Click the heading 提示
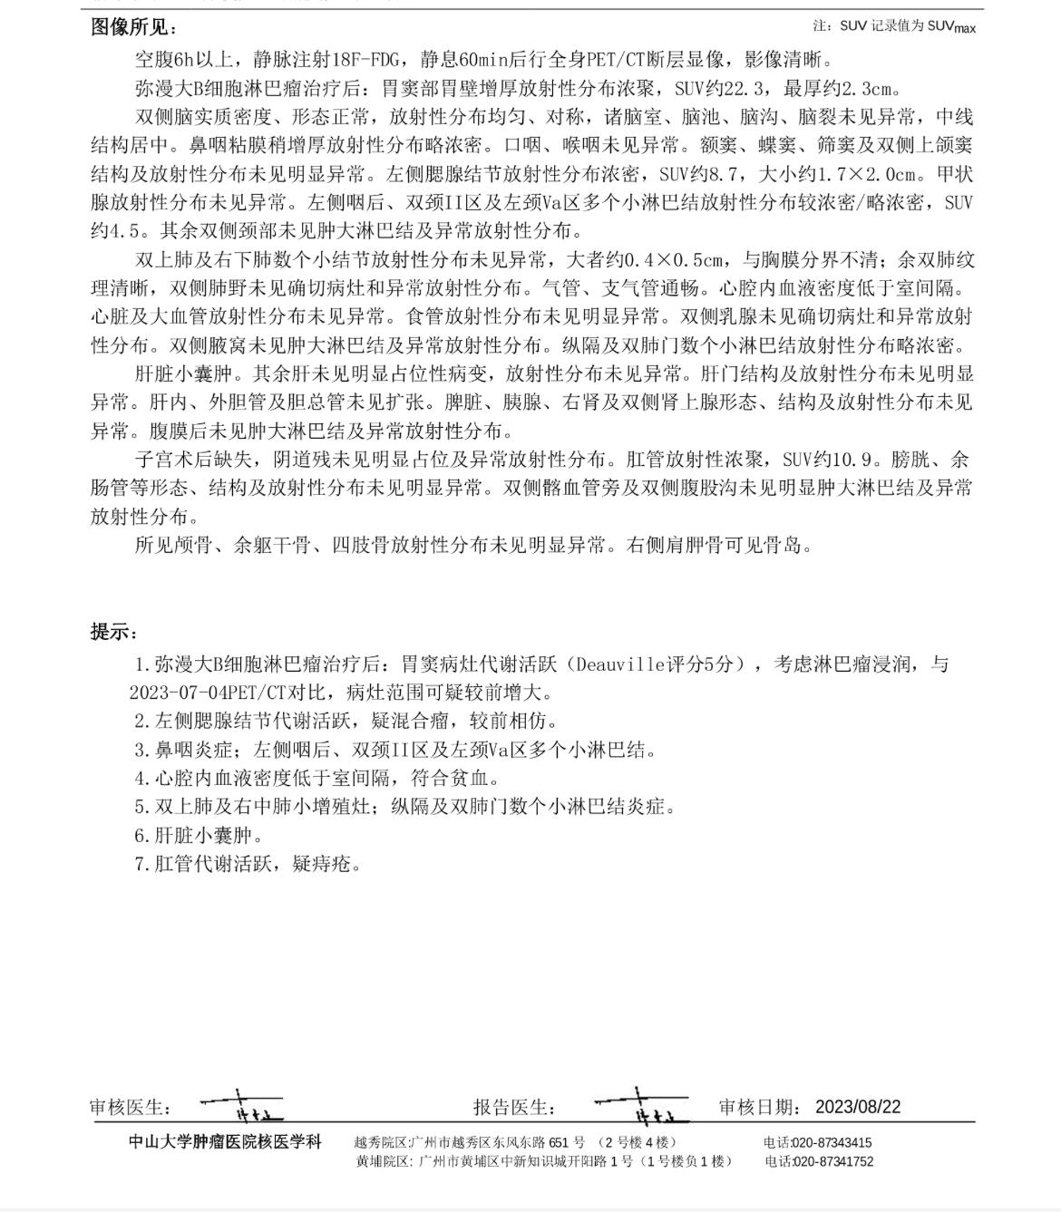pyautogui.click(x=113, y=632)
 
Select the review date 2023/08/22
pyautogui.click(x=858, y=1107)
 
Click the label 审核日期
pyautogui.click(x=760, y=1107)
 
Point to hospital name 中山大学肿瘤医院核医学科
pyautogui.click(x=225, y=1142)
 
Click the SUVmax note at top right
pyautogui.click(x=894, y=27)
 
